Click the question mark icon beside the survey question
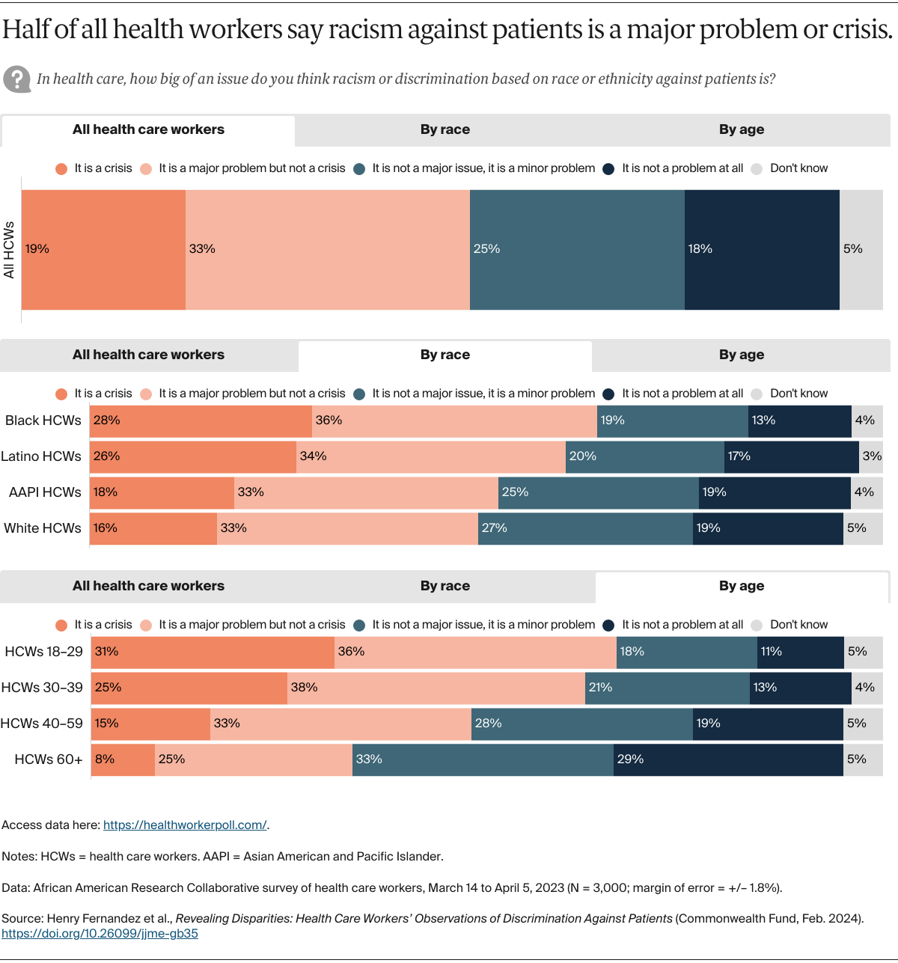[x=16, y=79]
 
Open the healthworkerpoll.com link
[x=185, y=825]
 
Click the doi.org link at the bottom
[x=100, y=933]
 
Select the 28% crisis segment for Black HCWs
[x=201, y=421]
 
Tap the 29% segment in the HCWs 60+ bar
[x=728, y=759]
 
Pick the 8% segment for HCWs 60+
[x=123, y=759]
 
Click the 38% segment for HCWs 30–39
[x=436, y=687]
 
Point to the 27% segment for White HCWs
[x=585, y=528]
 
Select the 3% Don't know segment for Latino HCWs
[x=871, y=456]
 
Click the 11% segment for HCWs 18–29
[x=800, y=651]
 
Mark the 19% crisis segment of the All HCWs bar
[x=103, y=249]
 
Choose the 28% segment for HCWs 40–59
[x=581, y=723]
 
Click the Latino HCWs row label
[x=41, y=456]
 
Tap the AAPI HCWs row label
[x=45, y=492]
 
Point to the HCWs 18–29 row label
[x=43, y=651]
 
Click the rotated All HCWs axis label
[x=9, y=250]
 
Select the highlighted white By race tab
[x=445, y=355]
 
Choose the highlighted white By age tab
[x=742, y=587]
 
